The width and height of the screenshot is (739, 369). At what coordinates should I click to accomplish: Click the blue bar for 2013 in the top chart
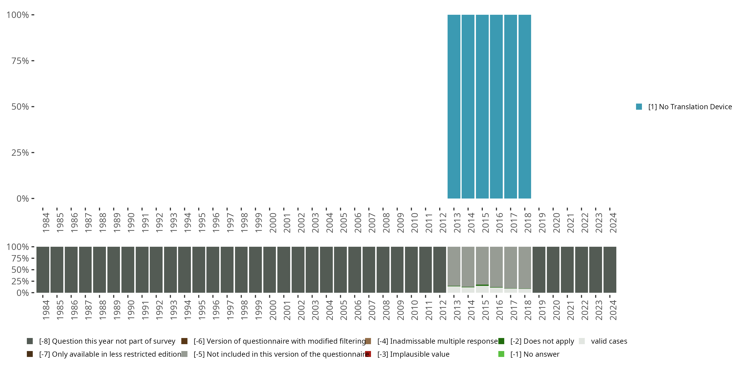pyautogui.click(x=454, y=107)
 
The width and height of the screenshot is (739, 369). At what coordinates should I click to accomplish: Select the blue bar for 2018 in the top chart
pyautogui.click(x=525, y=107)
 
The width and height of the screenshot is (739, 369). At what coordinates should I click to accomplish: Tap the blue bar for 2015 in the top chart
pyautogui.click(x=482, y=107)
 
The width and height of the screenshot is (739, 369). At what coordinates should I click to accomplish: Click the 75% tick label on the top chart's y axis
pyautogui.click(x=20, y=61)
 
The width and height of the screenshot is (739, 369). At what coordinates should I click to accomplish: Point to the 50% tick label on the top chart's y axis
pyautogui.click(x=20, y=107)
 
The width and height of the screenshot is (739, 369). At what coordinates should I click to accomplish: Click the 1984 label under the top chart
pyautogui.click(x=46, y=223)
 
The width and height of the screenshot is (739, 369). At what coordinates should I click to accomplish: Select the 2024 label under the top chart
pyautogui.click(x=613, y=223)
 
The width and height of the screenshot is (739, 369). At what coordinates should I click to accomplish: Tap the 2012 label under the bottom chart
pyautogui.click(x=443, y=310)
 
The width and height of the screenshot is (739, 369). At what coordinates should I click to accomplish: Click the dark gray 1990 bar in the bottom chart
pyautogui.click(x=128, y=269)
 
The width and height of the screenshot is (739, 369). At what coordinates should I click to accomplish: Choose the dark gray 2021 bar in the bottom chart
pyautogui.click(x=567, y=269)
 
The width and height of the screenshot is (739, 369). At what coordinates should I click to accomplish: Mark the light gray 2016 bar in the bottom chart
pyautogui.click(x=496, y=266)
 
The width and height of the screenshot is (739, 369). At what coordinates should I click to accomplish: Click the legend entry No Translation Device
pyautogui.click(x=690, y=107)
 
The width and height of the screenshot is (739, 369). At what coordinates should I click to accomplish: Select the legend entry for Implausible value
pyautogui.click(x=413, y=354)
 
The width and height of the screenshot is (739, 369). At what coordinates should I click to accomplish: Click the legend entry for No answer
pyautogui.click(x=535, y=354)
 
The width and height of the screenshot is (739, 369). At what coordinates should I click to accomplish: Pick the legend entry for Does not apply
pyautogui.click(x=542, y=341)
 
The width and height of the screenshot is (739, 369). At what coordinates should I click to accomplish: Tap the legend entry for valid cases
pyautogui.click(x=609, y=341)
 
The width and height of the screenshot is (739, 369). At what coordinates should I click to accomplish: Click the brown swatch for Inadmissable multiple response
pyautogui.click(x=368, y=341)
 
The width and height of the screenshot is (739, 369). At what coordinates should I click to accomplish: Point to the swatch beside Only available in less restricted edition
pyautogui.click(x=30, y=354)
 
